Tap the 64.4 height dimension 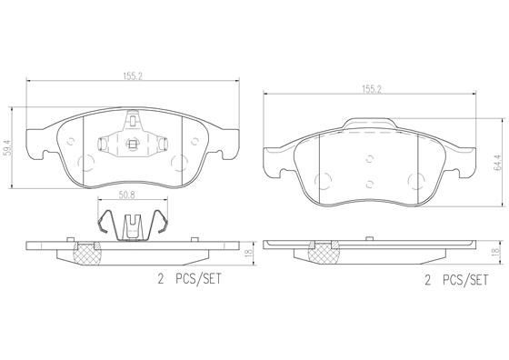click(x=497, y=164)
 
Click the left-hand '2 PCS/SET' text click(x=187, y=282)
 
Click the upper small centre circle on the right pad click(x=368, y=157)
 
